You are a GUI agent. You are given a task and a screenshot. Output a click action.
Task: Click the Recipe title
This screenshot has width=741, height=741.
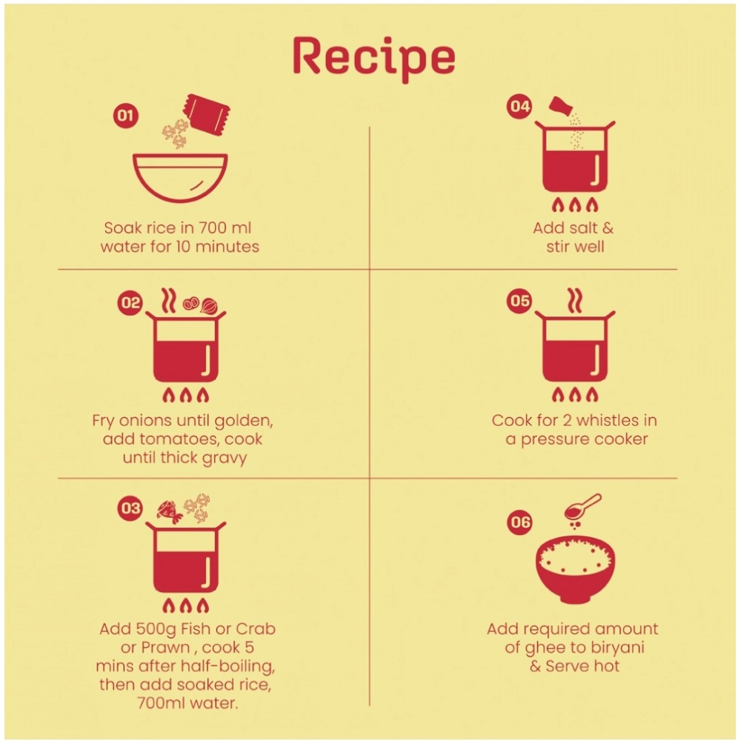(x=373, y=59)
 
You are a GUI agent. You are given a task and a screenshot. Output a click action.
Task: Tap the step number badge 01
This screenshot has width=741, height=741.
(x=126, y=115)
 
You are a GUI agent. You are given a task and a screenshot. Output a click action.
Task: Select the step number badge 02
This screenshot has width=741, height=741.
(x=130, y=302)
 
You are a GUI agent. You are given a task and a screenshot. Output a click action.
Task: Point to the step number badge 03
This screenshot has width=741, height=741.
(x=130, y=508)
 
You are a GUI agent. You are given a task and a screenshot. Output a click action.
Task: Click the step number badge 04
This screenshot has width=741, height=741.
(x=519, y=105)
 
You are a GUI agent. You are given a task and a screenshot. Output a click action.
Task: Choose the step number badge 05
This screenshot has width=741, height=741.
(x=519, y=301)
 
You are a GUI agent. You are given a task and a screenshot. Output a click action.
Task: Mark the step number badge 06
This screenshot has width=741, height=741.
(x=519, y=522)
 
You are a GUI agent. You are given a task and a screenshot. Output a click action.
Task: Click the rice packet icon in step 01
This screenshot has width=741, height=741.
(x=207, y=115)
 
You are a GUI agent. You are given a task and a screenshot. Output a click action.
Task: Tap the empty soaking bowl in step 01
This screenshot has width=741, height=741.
(x=180, y=177)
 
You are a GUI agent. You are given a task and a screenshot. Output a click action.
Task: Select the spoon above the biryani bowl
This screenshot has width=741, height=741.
(x=582, y=507)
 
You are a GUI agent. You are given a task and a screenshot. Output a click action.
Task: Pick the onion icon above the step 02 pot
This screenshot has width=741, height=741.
(x=209, y=305)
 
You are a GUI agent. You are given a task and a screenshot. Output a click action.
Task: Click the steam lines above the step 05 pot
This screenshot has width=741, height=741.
(x=575, y=300)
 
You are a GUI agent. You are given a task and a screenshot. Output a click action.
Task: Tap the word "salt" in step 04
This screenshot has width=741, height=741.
(x=585, y=227)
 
